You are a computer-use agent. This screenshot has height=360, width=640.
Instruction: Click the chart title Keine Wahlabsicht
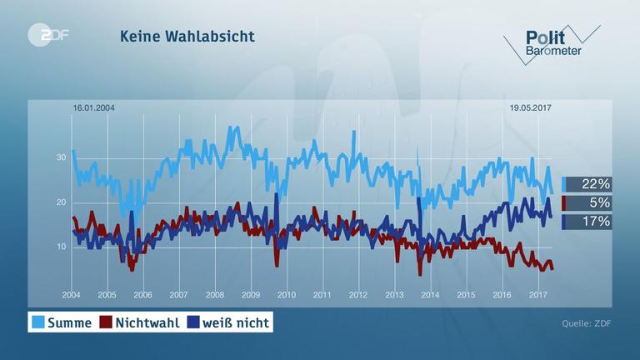(x=187, y=37)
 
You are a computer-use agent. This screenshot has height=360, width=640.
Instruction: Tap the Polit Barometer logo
(x=550, y=42)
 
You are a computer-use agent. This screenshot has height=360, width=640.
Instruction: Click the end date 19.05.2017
(x=531, y=108)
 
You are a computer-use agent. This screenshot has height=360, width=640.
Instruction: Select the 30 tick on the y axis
(x=61, y=157)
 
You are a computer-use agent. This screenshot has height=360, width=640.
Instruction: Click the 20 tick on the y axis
(x=61, y=202)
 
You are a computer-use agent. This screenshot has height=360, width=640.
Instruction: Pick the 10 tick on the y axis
(x=61, y=247)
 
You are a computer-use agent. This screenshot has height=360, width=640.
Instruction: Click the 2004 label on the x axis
(x=71, y=295)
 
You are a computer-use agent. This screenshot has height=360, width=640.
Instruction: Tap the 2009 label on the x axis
(x=250, y=295)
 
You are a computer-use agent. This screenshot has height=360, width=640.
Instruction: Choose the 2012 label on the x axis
(x=358, y=295)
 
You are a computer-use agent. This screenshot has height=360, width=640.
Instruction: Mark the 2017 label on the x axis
(x=537, y=295)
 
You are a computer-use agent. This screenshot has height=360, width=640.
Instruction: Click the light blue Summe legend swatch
(x=37, y=322)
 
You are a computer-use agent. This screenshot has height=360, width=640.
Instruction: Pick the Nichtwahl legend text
(x=145, y=322)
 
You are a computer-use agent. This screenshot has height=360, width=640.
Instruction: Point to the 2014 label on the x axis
(x=430, y=295)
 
